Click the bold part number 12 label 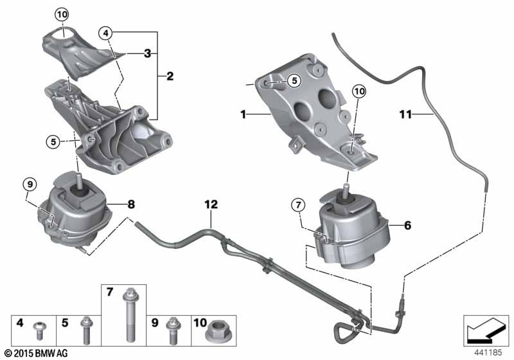[x=211, y=204]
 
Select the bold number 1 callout [x=244, y=114]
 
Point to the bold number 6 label [x=408, y=225]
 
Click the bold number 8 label [x=130, y=204]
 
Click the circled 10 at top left [x=62, y=14]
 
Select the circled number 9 [x=28, y=185]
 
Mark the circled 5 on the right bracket [x=294, y=81]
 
